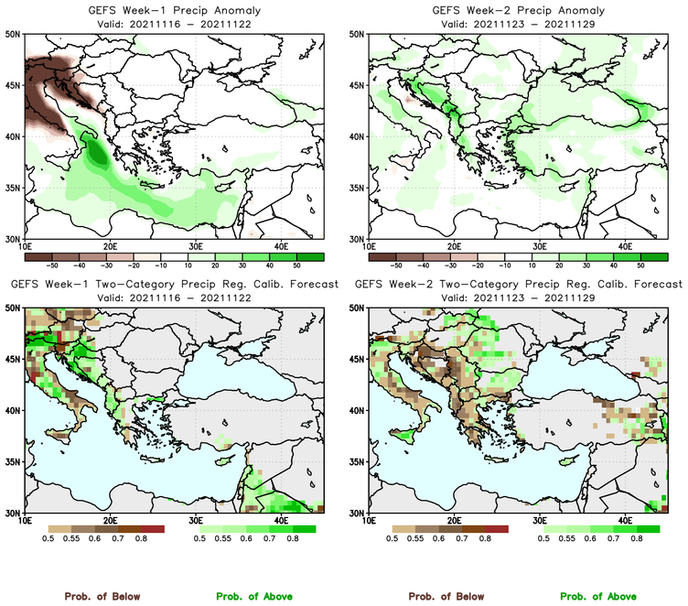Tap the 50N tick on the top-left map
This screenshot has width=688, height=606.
pos(15,35)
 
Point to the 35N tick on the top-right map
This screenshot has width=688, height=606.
pos(359,188)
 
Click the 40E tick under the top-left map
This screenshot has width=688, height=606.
pos(281,246)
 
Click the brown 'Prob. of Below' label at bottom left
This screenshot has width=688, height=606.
pos(102,596)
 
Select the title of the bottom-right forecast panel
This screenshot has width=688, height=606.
pos(518,285)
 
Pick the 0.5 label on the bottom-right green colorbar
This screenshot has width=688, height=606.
pos(544,540)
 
